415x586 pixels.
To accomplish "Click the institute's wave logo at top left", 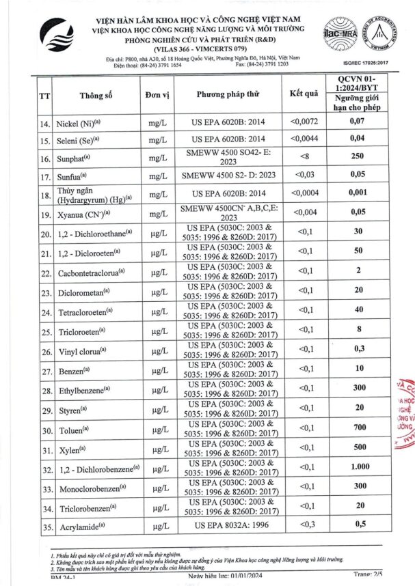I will [57, 38].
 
